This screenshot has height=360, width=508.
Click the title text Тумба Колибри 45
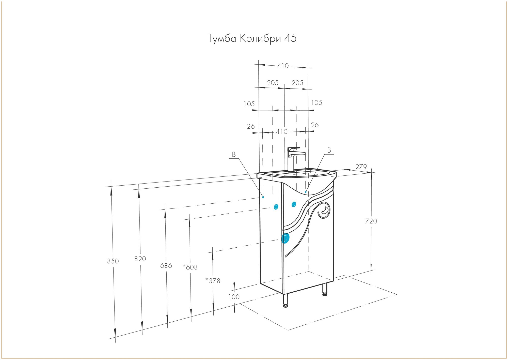point(252,38)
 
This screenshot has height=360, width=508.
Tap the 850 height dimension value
point(113,261)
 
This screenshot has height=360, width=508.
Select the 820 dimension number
point(140,259)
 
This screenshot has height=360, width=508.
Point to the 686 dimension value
point(166,266)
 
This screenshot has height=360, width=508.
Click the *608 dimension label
point(190,267)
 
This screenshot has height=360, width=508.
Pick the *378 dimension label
point(213,281)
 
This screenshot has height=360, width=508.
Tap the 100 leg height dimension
point(234,297)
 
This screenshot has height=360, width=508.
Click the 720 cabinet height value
point(371,221)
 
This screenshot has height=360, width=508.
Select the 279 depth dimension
point(361,167)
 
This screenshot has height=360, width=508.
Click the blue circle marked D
point(285,238)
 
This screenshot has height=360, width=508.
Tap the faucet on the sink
point(293,159)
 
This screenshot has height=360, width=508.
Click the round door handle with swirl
point(324,210)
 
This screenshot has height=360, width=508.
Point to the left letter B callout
point(234,155)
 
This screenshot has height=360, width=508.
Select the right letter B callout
point(329,151)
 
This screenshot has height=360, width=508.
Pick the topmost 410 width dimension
point(283,66)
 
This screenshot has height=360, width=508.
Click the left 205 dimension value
point(273,83)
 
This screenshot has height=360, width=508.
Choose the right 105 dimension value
point(316,103)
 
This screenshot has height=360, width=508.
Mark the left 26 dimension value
point(251,126)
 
